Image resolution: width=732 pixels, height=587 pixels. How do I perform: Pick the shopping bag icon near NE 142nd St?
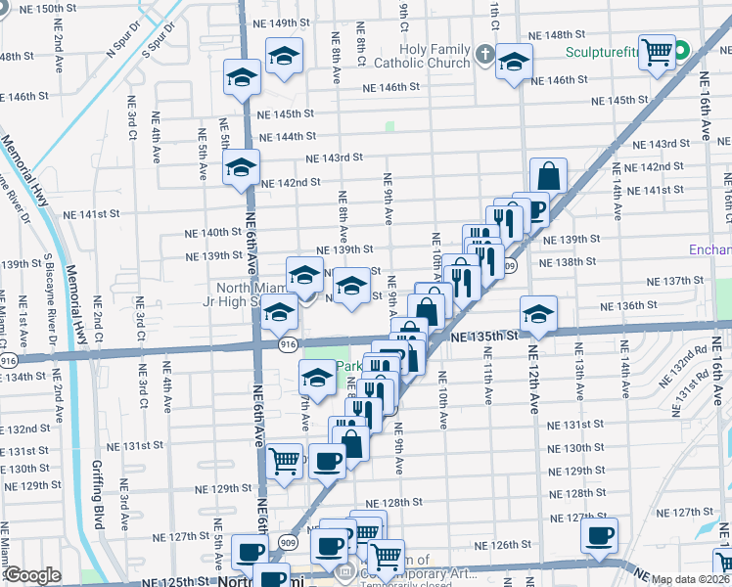[x=549, y=177]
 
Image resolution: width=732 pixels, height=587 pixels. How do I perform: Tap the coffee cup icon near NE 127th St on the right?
[x=599, y=535]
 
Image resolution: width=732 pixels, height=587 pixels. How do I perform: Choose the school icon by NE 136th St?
[x=538, y=314]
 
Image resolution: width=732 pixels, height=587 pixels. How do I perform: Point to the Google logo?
[x=32, y=575]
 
